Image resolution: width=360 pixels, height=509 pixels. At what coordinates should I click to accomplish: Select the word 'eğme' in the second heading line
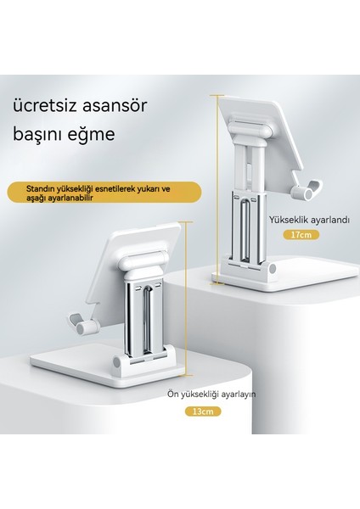point(115,134)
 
